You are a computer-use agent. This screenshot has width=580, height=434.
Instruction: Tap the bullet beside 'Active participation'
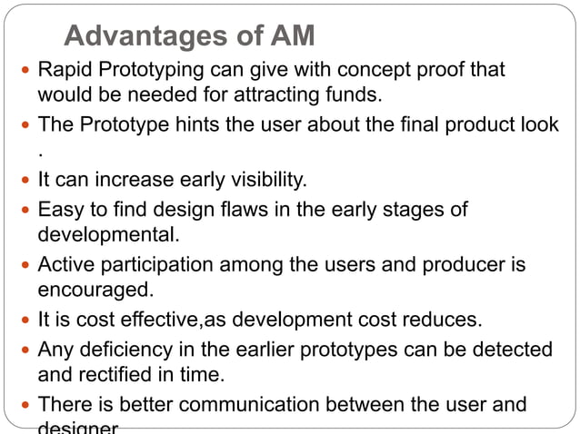pos(25,266)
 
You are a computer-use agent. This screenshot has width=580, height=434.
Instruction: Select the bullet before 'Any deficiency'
pos(25,350)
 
